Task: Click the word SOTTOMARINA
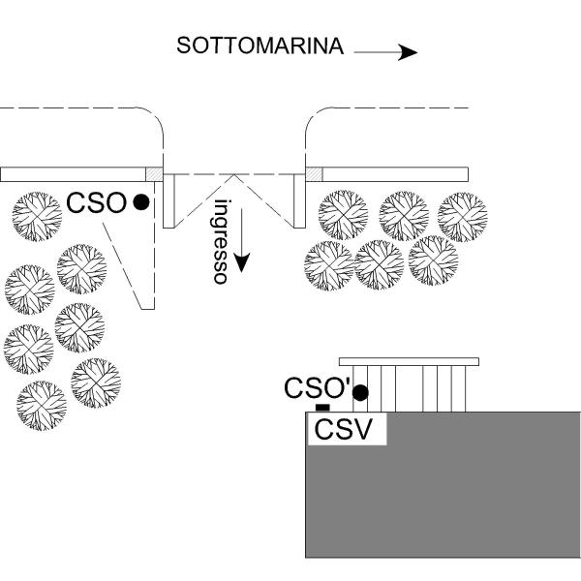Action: click(x=260, y=46)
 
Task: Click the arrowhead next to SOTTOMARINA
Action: click(x=408, y=52)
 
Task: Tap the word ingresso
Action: click(x=221, y=241)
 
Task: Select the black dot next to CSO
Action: click(x=141, y=202)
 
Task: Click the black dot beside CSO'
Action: click(x=360, y=393)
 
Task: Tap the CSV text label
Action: click(x=343, y=429)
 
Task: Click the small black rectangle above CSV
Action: click(x=322, y=408)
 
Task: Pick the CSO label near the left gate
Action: click(x=96, y=202)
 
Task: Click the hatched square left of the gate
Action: click(x=154, y=174)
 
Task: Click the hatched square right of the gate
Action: click(x=314, y=174)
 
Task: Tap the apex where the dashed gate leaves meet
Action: click(x=234, y=174)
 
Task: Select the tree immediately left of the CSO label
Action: click(x=37, y=216)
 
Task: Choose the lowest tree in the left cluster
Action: click(x=42, y=406)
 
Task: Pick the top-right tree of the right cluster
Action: click(x=463, y=217)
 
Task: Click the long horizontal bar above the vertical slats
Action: click(x=409, y=361)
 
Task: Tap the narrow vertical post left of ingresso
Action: click(x=168, y=200)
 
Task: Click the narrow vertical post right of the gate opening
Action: click(x=300, y=200)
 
